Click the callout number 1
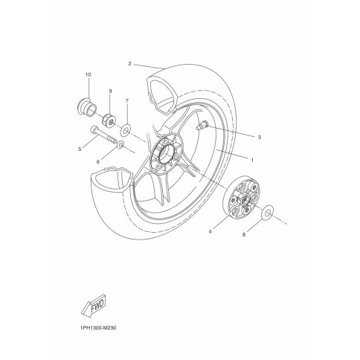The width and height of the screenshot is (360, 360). [252, 161]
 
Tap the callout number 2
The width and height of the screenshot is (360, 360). [129, 64]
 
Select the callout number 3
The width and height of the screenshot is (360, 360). [260, 137]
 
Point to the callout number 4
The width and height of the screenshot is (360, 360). [210, 232]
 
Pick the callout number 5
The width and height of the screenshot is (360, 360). [80, 149]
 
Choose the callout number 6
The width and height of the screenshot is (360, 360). [98, 162]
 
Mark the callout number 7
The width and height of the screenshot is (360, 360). [127, 100]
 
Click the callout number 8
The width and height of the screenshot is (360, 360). [244, 234]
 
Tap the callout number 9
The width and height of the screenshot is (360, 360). [110, 91]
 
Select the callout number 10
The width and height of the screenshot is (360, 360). [88, 74]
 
